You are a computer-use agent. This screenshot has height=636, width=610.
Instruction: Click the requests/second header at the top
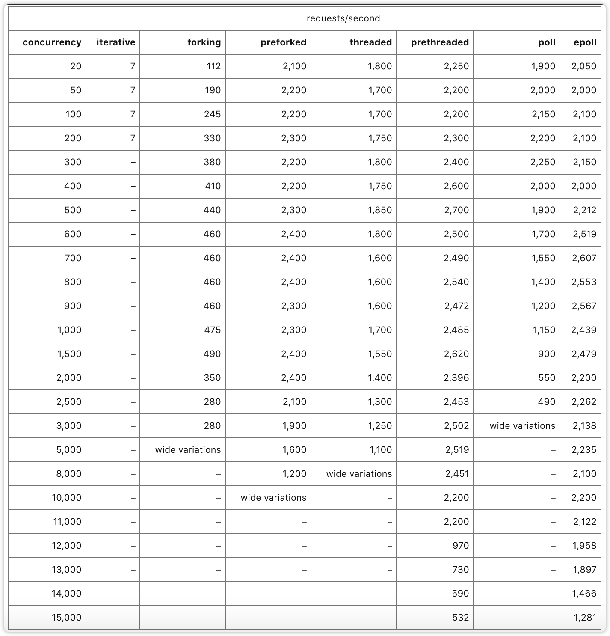(x=343, y=18)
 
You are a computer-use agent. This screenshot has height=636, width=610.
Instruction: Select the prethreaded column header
(x=439, y=42)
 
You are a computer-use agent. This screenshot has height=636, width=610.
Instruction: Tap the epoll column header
(x=585, y=42)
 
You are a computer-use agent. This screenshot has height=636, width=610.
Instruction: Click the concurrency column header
(x=52, y=42)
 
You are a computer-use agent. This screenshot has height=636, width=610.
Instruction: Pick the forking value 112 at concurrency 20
(x=213, y=66)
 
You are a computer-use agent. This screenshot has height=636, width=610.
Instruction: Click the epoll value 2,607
(x=584, y=258)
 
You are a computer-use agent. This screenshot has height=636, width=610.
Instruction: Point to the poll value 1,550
(x=543, y=258)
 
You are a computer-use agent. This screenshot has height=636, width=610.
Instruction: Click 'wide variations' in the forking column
(x=188, y=450)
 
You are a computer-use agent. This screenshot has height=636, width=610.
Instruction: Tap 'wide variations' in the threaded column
(x=359, y=474)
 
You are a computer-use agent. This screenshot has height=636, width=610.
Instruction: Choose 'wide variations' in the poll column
(x=522, y=426)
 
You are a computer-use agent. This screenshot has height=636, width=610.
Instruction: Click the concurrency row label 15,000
(x=66, y=618)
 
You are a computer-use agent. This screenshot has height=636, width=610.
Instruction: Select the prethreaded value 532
(x=460, y=618)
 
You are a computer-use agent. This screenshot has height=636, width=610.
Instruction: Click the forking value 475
(x=212, y=330)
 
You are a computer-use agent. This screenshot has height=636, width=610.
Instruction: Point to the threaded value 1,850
(x=379, y=210)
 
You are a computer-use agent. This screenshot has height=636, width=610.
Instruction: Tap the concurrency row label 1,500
(x=69, y=354)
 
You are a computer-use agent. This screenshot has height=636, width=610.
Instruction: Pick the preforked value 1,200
(x=294, y=474)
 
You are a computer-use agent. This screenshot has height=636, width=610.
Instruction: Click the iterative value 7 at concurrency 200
(x=133, y=138)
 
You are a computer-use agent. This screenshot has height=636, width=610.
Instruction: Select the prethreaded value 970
(x=460, y=546)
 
